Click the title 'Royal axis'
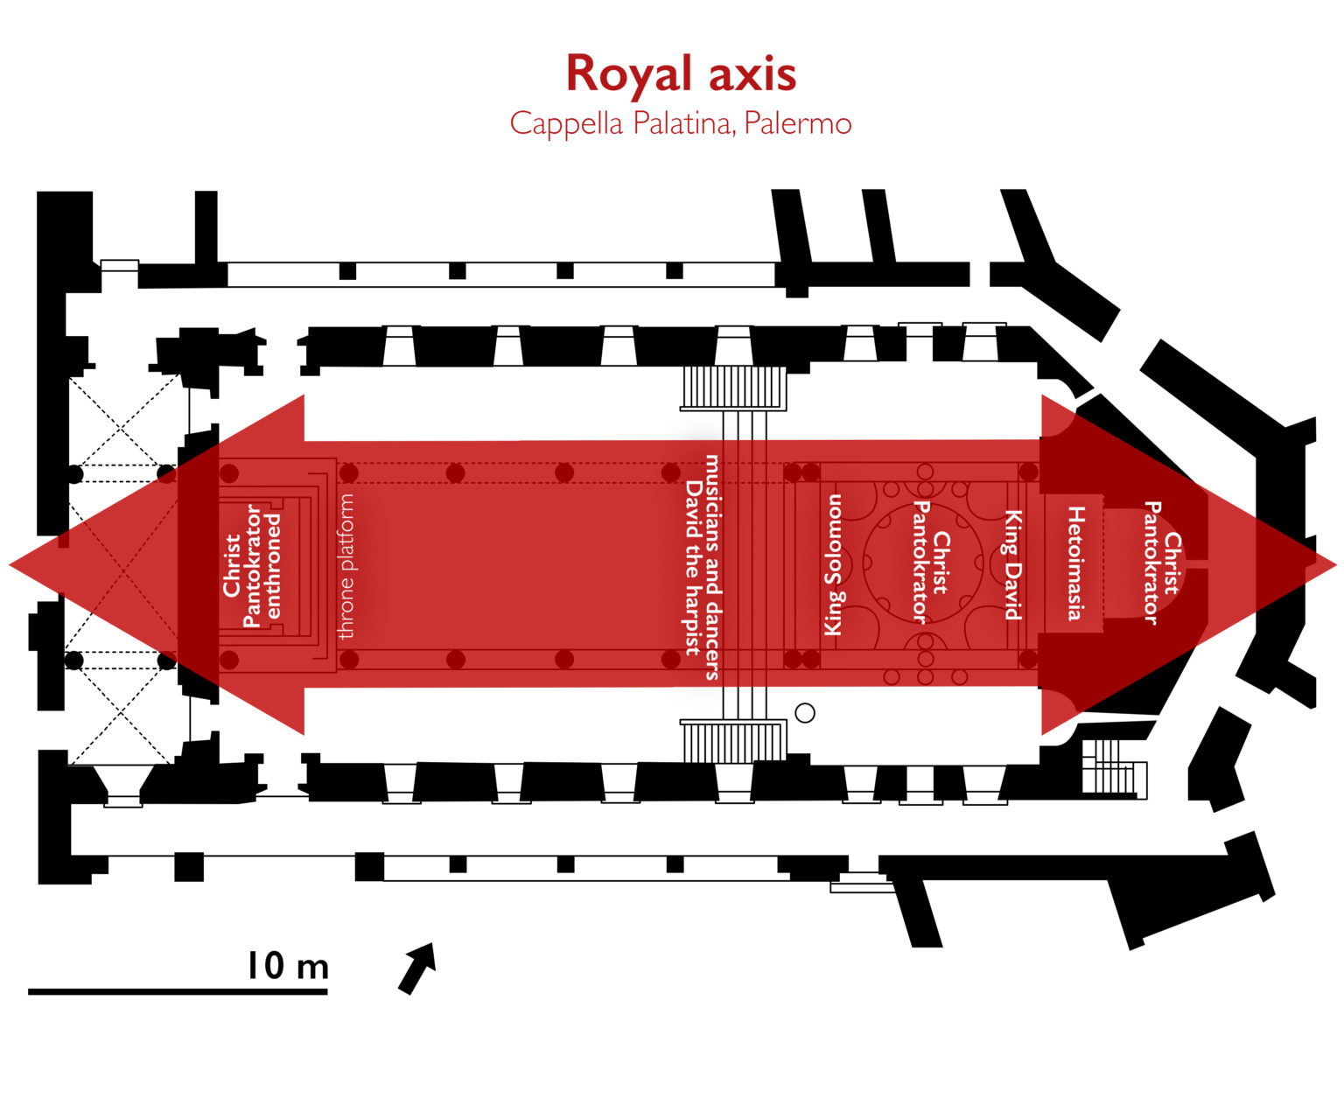[x=681, y=73]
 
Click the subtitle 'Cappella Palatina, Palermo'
[x=680, y=123]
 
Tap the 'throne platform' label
[x=346, y=566]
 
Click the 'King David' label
[x=1013, y=565]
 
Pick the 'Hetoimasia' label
[x=1075, y=563]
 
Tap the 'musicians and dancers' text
[x=714, y=566]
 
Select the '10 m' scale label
[x=287, y=966]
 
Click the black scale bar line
[x=178, y=991]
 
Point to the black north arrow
[x=417, y=967]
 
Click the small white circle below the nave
[x=805, y=713]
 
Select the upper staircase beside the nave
[x=733, y=387]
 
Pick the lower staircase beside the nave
[x=733, y=741]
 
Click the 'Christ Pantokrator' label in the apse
[x=1162, y=563]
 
